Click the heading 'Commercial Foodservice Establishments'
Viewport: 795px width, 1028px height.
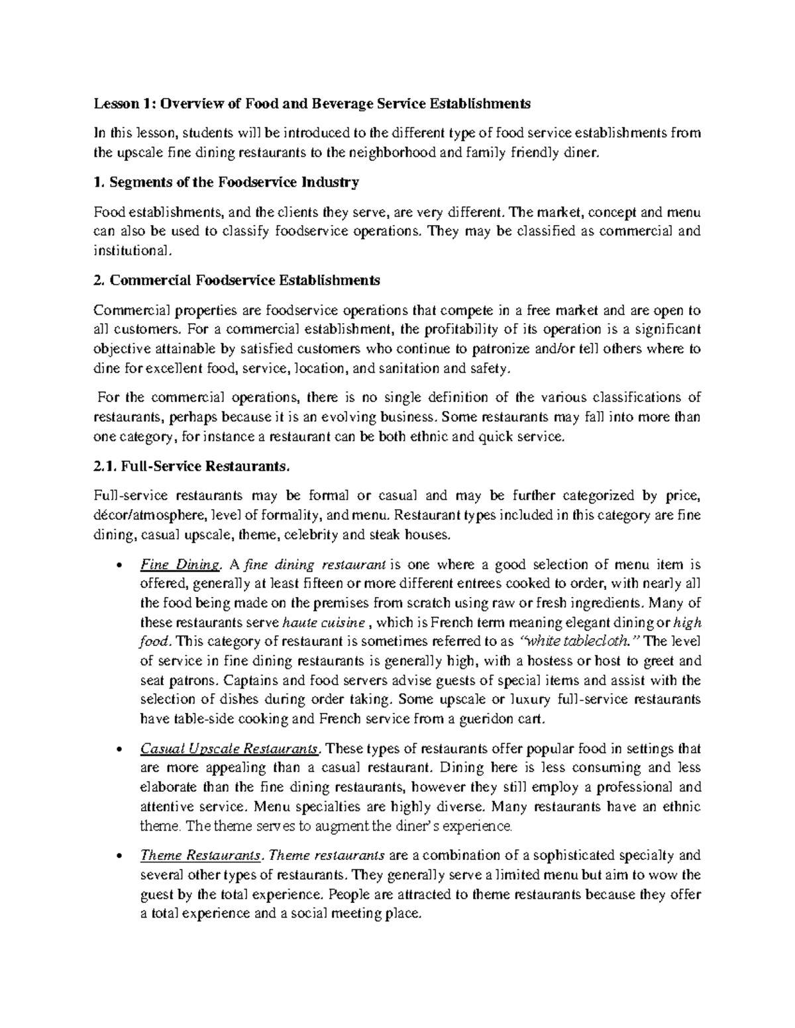(x=244, y=280)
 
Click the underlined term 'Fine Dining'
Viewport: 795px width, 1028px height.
(x=179, y=565)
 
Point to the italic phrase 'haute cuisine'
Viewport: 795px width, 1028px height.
(x=323, y=622)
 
